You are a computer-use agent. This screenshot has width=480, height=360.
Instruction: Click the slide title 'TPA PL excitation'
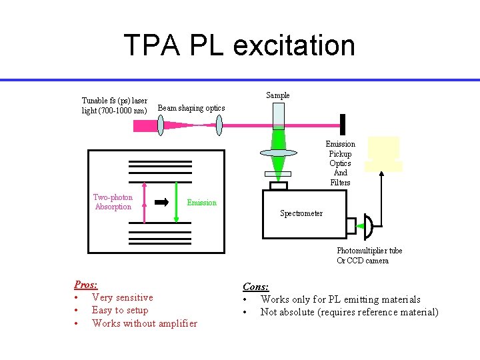(239, 45)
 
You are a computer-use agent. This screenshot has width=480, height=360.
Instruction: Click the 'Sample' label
(278, 95)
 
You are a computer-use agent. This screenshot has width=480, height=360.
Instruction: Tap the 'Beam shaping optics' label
(191, 108)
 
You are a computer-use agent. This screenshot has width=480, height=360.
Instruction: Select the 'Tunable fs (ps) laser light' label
(114, 105)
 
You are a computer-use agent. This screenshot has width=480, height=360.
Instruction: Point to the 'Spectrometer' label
(301, 213)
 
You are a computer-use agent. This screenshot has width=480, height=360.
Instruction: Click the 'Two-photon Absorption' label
(113, 202)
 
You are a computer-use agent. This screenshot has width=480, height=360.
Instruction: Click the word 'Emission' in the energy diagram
(201, 203)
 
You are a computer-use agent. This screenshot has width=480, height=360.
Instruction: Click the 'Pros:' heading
(85, 284)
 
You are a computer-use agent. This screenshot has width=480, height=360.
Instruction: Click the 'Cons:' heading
(255, 287)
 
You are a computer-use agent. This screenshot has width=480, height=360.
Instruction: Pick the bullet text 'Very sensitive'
(122, 297)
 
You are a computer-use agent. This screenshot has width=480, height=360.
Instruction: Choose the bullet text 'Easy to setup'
(120, 310)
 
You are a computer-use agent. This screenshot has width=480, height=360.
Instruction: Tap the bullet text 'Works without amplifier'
(145, 323)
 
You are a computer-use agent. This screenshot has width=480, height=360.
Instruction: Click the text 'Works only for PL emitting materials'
(340, 299)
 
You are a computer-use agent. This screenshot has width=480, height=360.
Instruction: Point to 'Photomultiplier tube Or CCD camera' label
(369, 255)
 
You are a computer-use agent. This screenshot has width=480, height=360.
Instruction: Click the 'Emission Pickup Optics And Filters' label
(340, 163)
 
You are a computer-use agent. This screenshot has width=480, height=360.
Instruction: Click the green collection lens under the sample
(278, 153)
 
